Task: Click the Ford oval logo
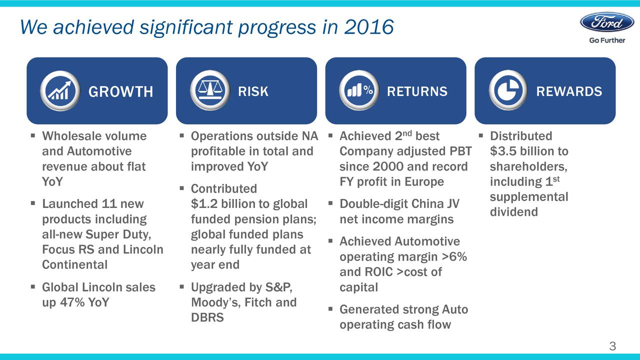click(x=607, y=22)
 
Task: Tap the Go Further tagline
click(x=607, y=40)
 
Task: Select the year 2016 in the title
click(x=369, y=27)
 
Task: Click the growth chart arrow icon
click(x=60, y=91)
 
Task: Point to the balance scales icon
click(x=210, y=90)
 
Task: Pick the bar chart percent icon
click(x=359, y=90)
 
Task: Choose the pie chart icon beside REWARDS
click(x=508, y=90)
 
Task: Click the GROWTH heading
click(x=120, y=91)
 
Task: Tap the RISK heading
click(x=253, y=91)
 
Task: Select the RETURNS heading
click(x=417, y=91)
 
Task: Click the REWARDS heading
click(x=569, y=91)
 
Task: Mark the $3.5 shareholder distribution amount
click(x=503, y=151)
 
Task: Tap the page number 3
click(x=612, y=346)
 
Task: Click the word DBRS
click(x=207, y=317)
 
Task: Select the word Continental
click(x=75, y=264)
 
